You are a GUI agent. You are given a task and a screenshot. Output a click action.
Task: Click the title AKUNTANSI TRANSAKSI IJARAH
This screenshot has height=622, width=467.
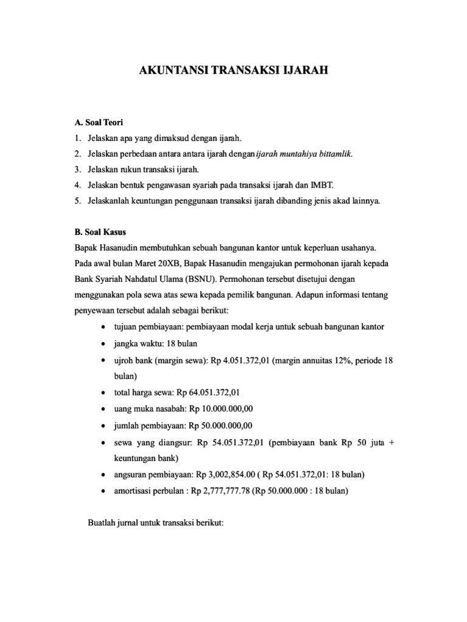coord(233,70)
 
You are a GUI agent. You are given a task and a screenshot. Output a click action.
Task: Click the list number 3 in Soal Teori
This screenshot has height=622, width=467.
coord(78,170)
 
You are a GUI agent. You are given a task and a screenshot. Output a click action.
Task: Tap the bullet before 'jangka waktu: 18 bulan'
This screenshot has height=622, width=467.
coord(105,344)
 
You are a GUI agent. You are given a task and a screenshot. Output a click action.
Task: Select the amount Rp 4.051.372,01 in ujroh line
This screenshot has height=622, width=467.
coord(240,360)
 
